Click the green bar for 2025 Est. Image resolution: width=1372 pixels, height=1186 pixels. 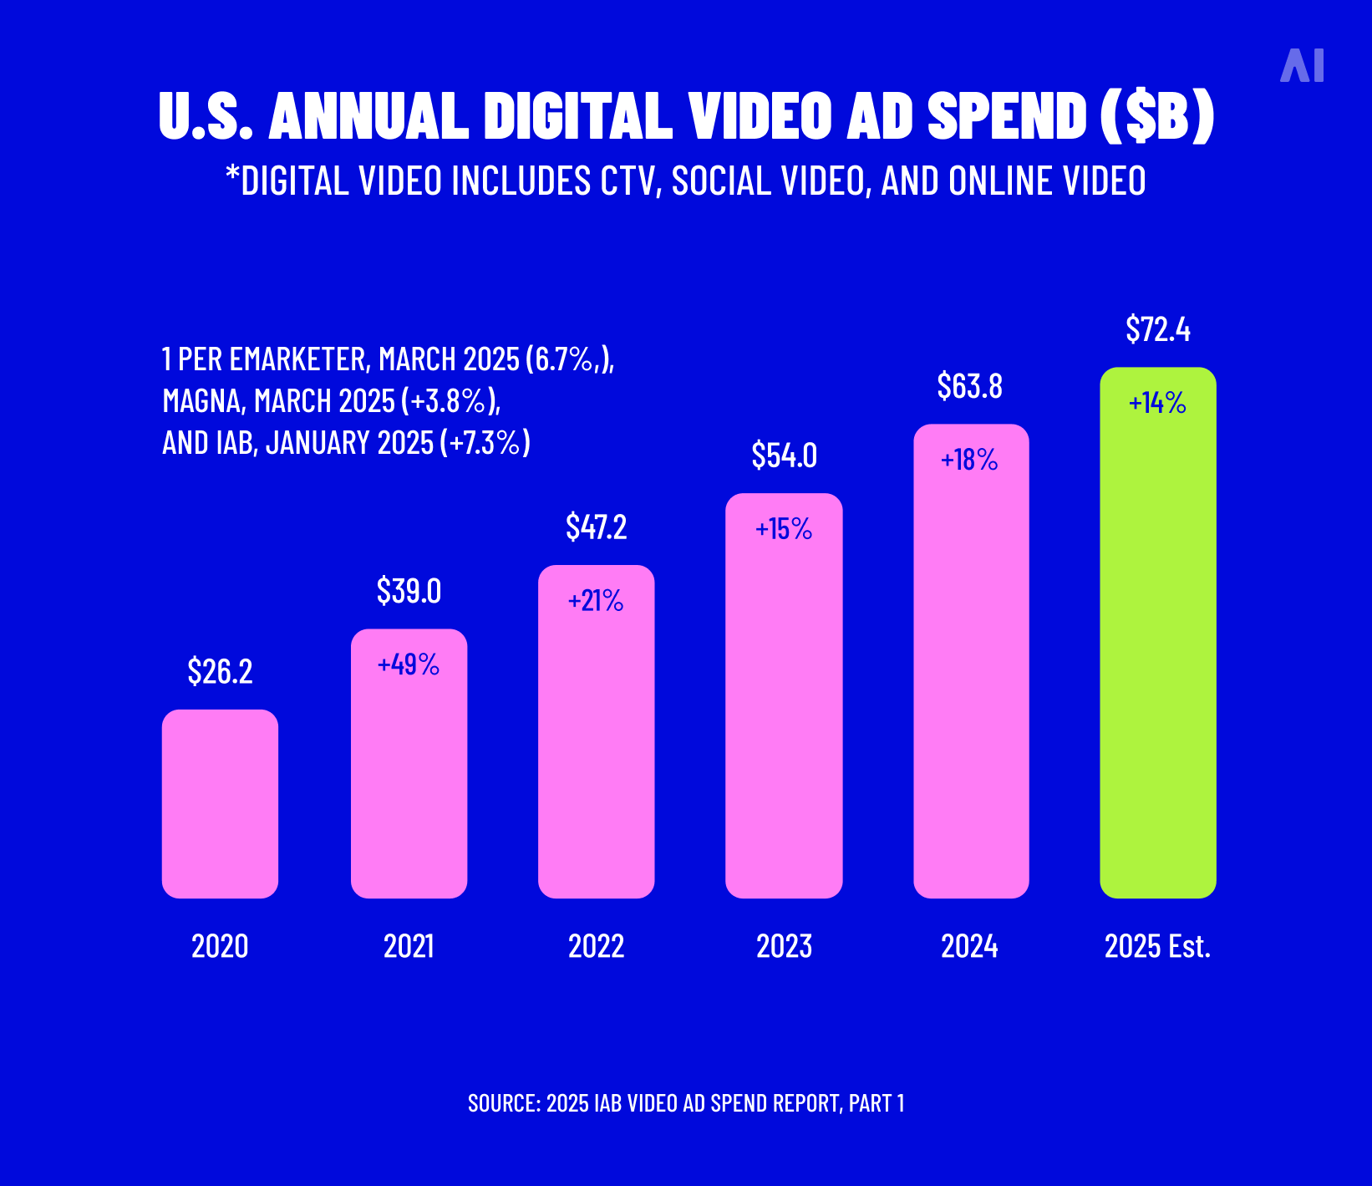(x=1157, y=652)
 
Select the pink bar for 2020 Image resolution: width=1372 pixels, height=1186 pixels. (x=220, y=804)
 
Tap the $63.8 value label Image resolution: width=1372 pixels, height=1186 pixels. (x=969, y=386)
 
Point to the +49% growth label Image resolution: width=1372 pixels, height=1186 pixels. (x=408, y=664)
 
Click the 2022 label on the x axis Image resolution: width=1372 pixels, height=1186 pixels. (x=596, y=946)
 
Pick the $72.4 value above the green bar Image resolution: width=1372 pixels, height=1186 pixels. (x=1157, y=329)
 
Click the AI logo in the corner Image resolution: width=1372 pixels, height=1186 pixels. (x=1302, y=65)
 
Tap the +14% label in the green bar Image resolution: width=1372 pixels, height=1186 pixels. (x=1157, y=404)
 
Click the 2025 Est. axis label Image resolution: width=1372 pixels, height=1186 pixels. (x=1157, y=946)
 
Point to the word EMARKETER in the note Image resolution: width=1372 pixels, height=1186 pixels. (x=297, y=359)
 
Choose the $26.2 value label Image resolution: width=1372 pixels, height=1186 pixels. (x=220, y=671)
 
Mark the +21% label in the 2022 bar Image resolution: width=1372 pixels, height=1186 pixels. (x=596, y=601)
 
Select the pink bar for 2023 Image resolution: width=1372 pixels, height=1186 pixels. (x=784, y=710)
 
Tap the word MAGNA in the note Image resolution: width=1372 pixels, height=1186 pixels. (x=201, y=401)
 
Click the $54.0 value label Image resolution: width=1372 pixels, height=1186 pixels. (x=784, y=456)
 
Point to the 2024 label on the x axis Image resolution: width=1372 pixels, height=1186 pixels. (x=969, y=946)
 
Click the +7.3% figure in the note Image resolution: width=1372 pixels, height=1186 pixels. (x=485, y=443)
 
